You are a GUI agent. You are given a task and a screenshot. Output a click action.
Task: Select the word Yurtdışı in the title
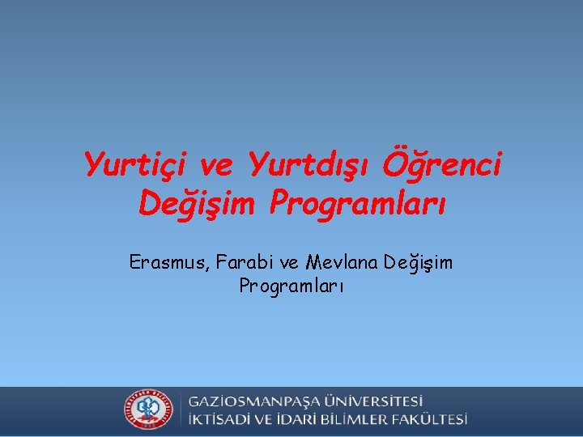pyautogui.click(x=309, y=166)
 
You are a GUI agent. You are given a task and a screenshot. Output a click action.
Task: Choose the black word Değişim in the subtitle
pyautogui.click(x=419, y=264)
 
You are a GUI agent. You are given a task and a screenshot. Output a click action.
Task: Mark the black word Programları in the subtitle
pyautogui.click(x=291, y=286)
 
